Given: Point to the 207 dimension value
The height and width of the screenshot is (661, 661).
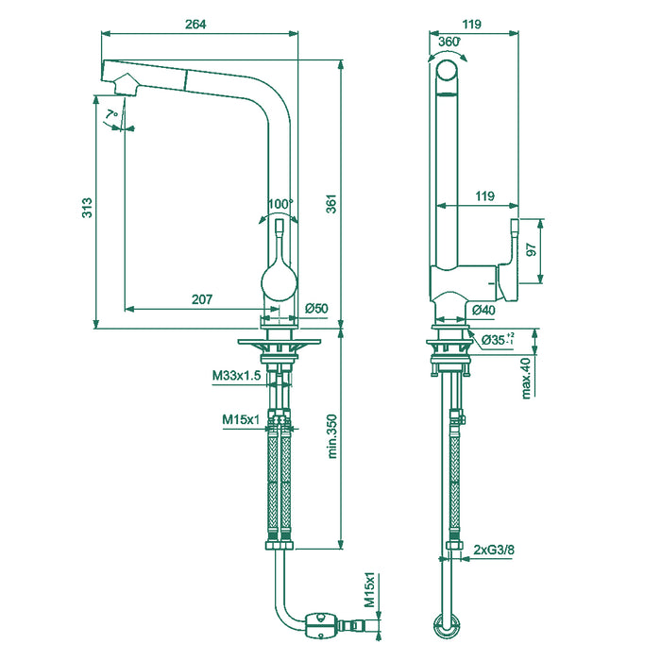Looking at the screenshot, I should [x=201, y=299].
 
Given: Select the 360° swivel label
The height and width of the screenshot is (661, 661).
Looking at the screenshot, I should [x=449, y=42].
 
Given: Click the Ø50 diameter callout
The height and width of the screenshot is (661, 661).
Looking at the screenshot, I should [x=315, y=309].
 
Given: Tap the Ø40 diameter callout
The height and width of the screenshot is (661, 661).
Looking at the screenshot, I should [x=483, y=309].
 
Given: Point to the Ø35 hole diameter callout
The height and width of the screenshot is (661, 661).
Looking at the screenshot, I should [x=497, y=339].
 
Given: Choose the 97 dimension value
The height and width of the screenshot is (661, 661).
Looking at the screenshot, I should [x=532, y=250].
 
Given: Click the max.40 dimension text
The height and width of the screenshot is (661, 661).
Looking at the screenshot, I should [x=526, y=377].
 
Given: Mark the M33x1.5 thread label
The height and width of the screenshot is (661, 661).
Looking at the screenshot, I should [x=236, y=376].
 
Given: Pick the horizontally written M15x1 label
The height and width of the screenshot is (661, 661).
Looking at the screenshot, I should [x=241, y=419].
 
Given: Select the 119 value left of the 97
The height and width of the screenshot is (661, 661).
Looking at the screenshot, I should [x=485, y=196].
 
